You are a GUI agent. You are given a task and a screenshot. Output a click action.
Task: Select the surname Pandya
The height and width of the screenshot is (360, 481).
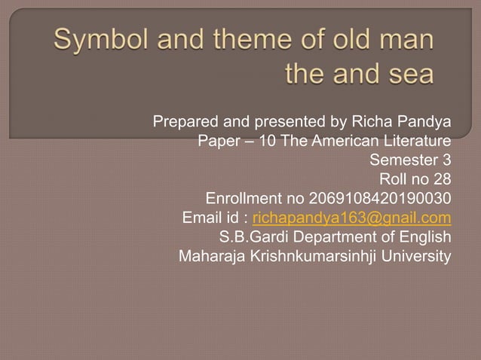(427, 121)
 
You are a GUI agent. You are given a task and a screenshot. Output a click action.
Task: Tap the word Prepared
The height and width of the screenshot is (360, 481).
(185, 121)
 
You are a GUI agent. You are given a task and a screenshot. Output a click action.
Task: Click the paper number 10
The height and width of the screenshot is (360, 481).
(268, 141)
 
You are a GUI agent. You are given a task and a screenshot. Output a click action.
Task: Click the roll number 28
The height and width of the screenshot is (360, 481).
(443, 180)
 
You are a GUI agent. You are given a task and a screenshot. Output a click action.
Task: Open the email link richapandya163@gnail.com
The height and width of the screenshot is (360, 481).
(352, 219)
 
